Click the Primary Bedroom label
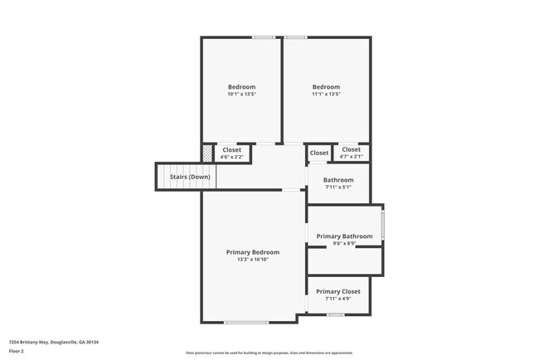click(253, 252)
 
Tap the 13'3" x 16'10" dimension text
click(253, 260)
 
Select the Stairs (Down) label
click(190, 177)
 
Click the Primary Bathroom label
click(344, 236)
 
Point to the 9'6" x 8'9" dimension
click(344, 244)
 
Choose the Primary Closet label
click(338, 291)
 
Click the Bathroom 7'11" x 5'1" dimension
click(338, 187)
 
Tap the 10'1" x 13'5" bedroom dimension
click(241, 95)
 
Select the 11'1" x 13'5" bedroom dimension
click(326, 95)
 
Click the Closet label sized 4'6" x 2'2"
click(231, 150)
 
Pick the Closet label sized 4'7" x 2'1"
click(351, 150)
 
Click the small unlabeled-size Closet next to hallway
click(319, 153)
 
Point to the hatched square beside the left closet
click(208, 153)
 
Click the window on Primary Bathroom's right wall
click(382, 226)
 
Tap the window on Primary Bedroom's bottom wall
click(245, 322)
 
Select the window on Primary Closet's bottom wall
click(335, 314)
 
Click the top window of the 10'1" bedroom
click(264, 36)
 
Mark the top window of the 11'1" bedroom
click(296, 36)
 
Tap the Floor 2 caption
click(17, 351)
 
